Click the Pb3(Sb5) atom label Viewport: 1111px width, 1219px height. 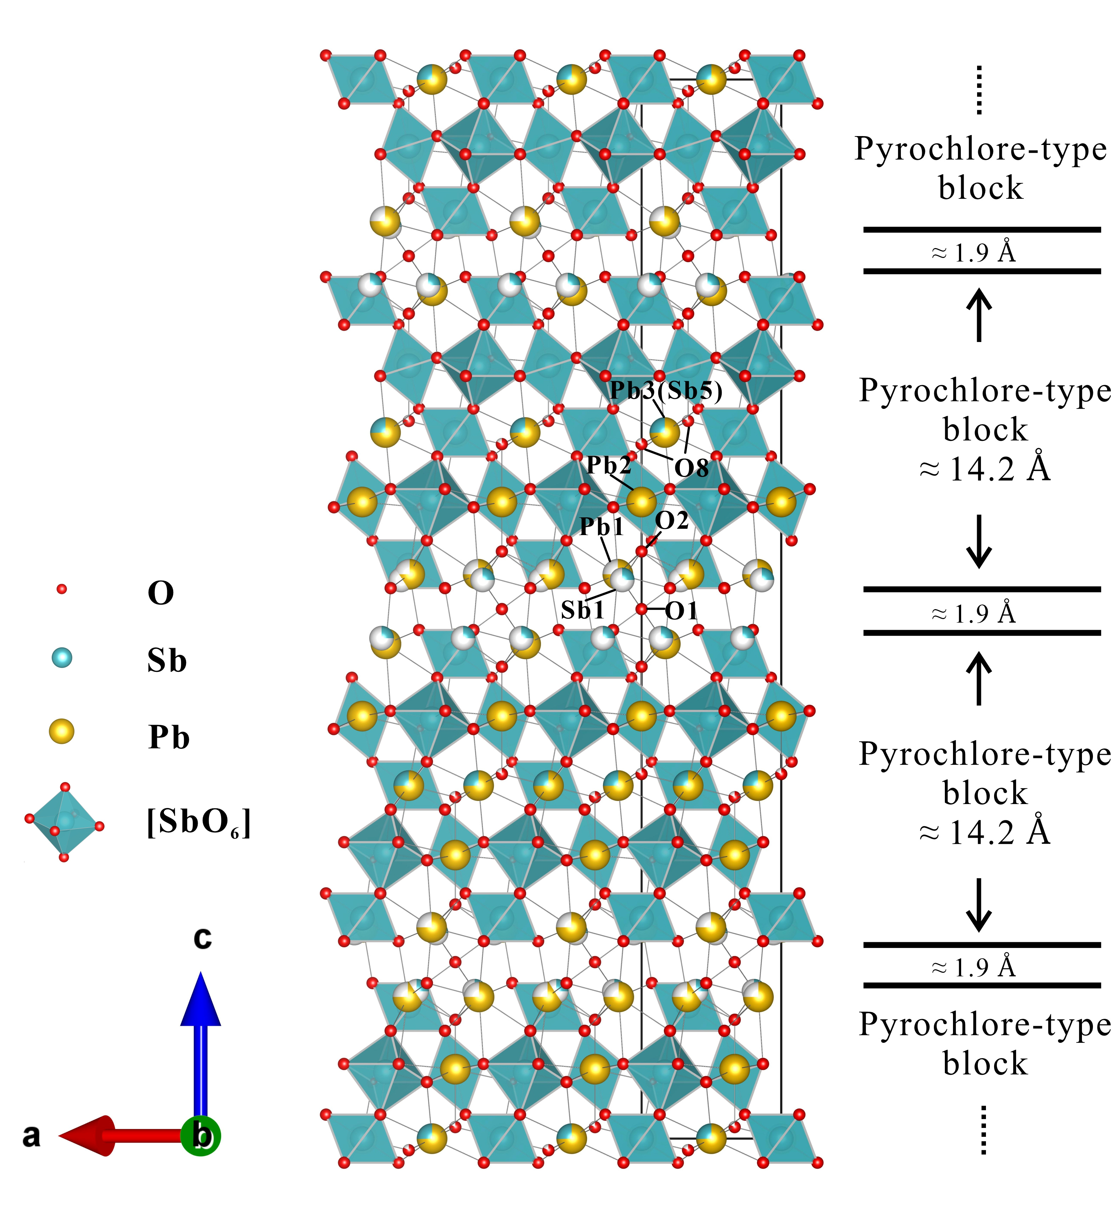tap(666, 391)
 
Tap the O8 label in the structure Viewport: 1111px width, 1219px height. tap(692, 468)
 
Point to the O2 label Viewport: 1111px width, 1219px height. tap(672, 521)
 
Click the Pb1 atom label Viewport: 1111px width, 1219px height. tap(602, 527)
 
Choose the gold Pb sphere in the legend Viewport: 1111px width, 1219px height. tap(62, 732)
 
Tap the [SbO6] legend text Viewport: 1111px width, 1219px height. tap(199, 822)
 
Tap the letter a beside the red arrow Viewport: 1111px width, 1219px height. tap(32, 1136)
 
